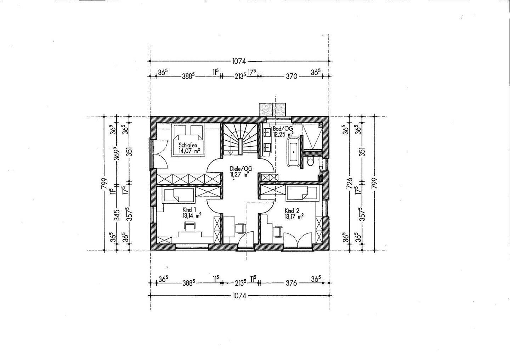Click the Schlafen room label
188,145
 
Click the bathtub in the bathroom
294,152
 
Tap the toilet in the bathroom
310,162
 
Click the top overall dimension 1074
239,61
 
